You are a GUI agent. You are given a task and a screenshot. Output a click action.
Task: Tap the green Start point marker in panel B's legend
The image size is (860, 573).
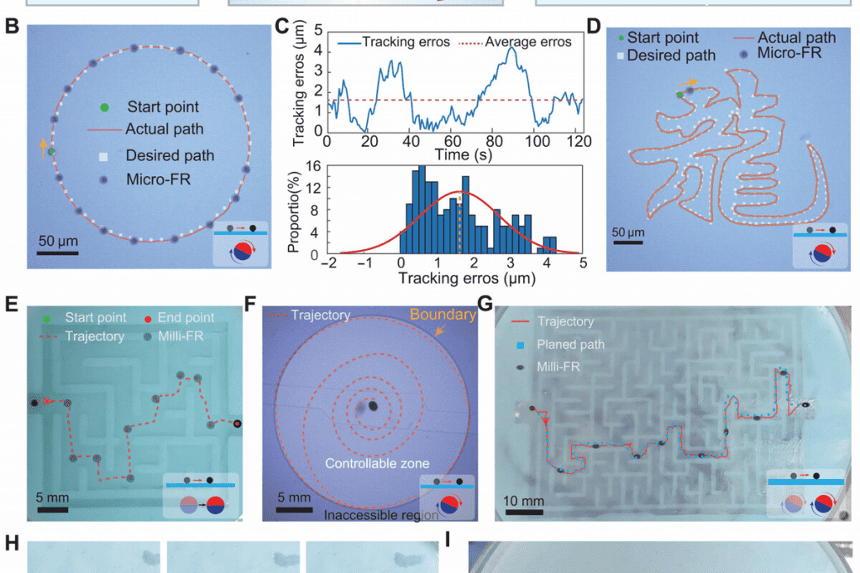[x=103, y=107]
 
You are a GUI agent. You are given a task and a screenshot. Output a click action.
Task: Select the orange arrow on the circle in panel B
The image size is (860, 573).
[x=43, y=148]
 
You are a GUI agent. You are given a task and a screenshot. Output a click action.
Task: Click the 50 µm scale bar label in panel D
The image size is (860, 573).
[x=629, y=232]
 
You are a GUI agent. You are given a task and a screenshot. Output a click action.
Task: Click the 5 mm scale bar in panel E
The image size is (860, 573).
[x=52, y=508]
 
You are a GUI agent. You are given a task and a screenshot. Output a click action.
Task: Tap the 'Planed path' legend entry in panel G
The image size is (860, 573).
[x=571, y=343]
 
